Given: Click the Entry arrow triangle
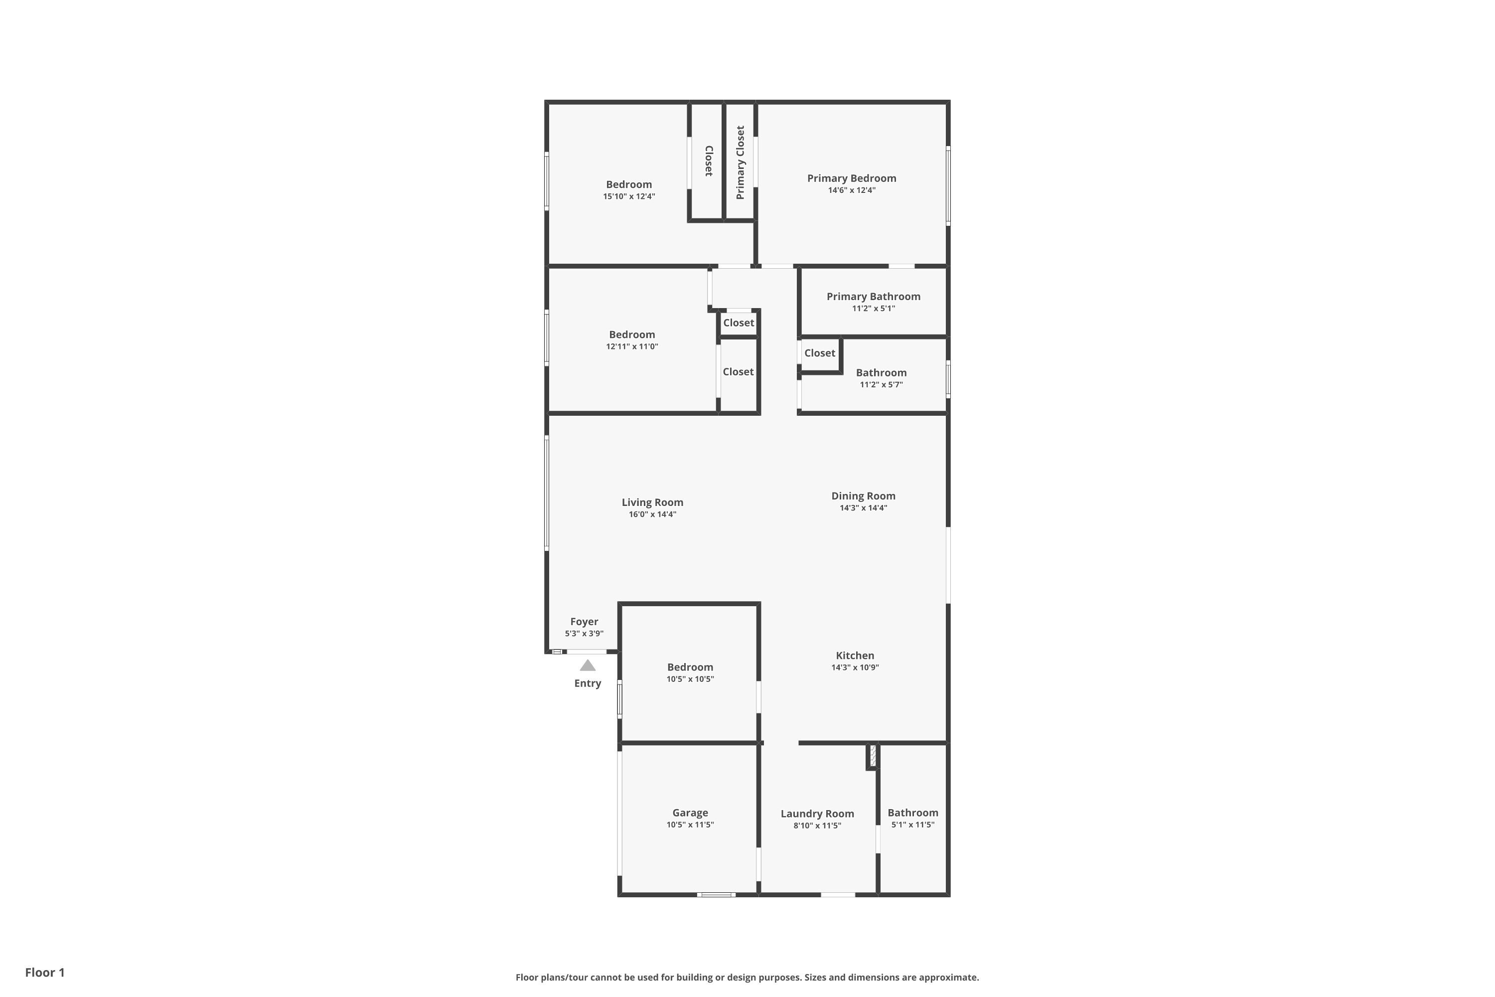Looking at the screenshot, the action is (588, 665).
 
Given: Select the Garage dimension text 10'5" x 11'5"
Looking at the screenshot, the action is (690, 825).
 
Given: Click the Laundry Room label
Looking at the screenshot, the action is (817, 814).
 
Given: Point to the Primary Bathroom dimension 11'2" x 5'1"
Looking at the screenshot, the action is (874, 309).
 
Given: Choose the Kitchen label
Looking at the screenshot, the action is (855, 656).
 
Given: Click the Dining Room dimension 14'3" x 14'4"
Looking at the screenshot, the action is (863, 507).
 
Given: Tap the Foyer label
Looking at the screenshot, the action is (584, 622).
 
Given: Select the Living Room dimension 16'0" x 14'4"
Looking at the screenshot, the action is (653, 514).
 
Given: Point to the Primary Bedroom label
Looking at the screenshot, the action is (852, 178).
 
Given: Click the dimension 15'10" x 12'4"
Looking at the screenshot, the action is (629, 196).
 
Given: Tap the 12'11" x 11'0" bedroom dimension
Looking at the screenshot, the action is (632, 346).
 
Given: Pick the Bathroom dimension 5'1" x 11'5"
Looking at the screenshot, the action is (913, 825).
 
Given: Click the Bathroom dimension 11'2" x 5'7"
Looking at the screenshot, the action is (881, 385).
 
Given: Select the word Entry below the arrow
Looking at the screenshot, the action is (588, 683).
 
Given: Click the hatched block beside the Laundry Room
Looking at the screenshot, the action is (873, 756).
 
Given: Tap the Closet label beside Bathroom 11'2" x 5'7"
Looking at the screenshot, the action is (820, 353).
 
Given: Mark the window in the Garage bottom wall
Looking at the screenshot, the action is (717, 895).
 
